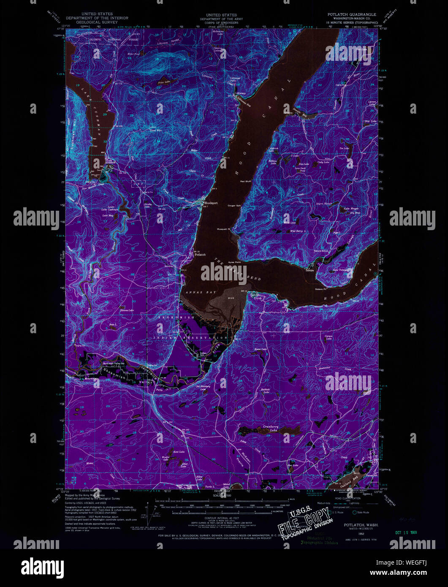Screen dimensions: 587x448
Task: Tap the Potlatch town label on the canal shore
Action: click(x=200, y=255)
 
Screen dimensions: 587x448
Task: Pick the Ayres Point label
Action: click(x=234, y=262)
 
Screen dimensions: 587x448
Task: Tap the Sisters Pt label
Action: click(x=321, y=289)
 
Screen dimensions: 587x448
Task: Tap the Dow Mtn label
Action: click(x=156, y=130)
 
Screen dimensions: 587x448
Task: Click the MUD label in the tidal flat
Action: click(x=231, y=298)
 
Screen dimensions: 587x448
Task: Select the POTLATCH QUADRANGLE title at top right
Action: click(x=352, y=14)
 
